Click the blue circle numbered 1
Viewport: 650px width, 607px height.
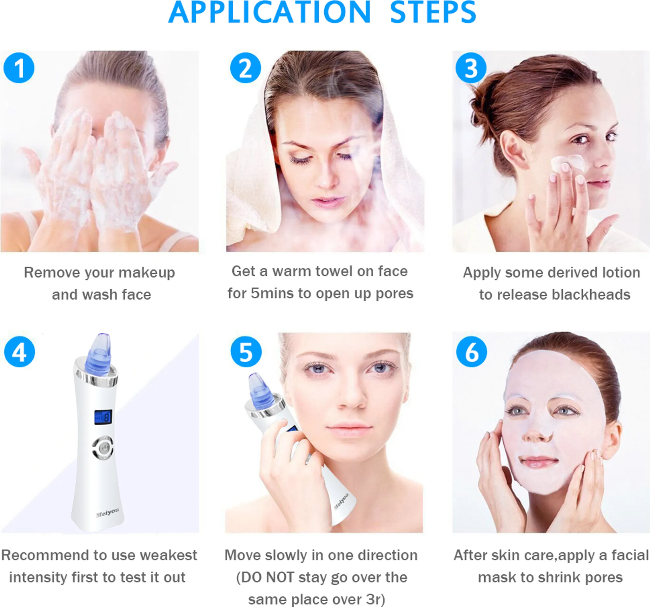19,68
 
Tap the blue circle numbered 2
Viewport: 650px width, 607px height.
246,68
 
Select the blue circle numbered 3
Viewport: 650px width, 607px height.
471,68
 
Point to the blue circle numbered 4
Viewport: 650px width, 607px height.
20,352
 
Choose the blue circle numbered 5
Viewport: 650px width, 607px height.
246,352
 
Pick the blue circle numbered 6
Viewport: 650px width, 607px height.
472,352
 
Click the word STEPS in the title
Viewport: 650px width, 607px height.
433,12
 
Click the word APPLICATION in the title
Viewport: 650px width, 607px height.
269,12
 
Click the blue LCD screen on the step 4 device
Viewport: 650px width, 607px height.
103,417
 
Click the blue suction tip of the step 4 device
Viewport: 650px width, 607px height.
98,354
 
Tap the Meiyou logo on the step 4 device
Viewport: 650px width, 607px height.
107,513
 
